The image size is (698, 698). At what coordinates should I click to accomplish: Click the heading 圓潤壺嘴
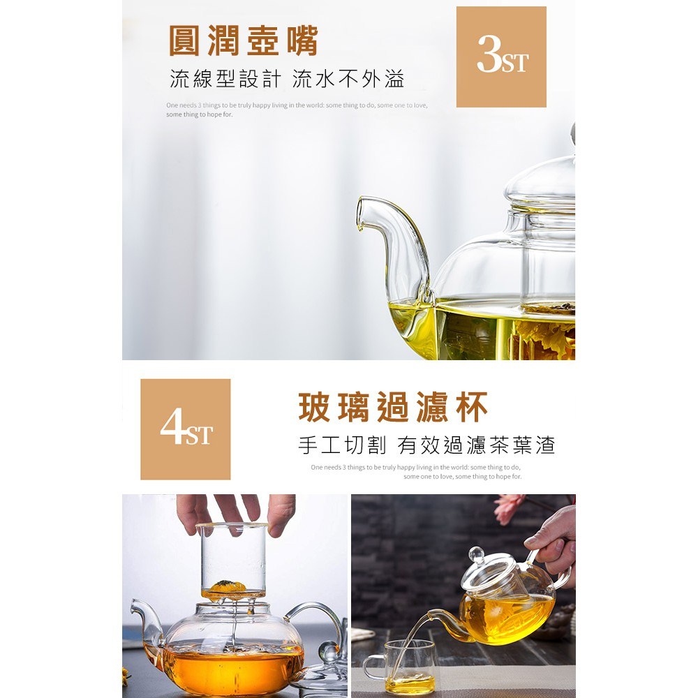point(244,41)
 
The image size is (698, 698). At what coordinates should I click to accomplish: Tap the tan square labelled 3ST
point(501,57)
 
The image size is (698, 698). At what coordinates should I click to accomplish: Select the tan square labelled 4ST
point(186,429)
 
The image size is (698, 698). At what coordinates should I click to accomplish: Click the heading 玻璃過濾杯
point(393,408)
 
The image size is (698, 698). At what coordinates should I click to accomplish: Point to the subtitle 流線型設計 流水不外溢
point(287,80)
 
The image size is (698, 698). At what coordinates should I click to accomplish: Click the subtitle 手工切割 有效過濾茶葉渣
point(426,445)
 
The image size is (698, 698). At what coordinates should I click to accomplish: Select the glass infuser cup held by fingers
point(233,562)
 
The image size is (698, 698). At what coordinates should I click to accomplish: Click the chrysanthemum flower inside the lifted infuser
point(228,586)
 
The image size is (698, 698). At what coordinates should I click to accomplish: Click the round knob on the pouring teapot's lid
point(476,555)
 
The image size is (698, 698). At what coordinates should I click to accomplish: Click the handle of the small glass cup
point(371,668)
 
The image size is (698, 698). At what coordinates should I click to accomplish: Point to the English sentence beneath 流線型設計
point(297,110)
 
